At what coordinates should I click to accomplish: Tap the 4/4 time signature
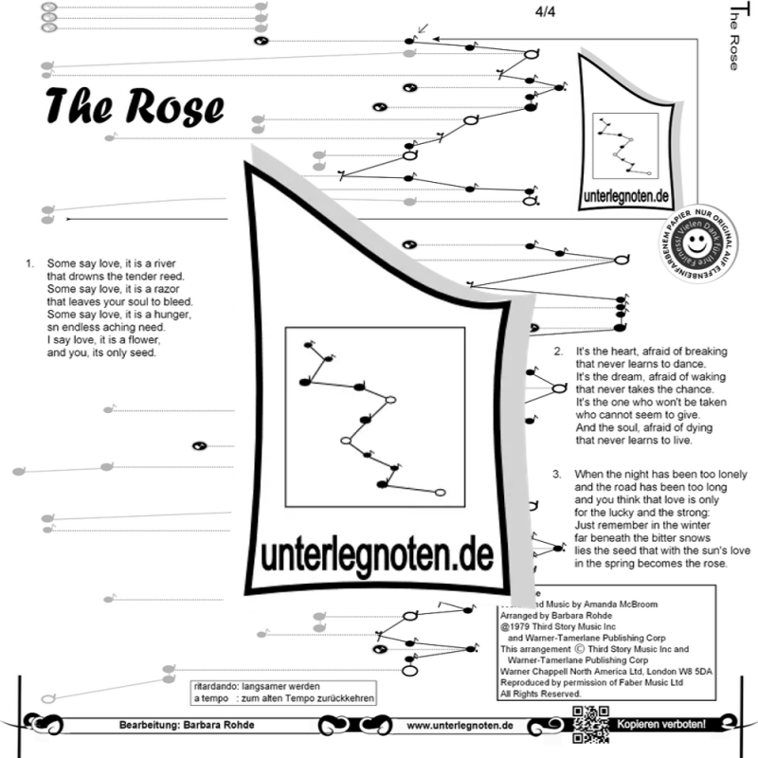click(x=546, y=12)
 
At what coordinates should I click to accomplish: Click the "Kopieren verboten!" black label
click(x=661, y=725)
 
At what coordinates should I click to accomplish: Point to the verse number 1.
click(x=29, y=262)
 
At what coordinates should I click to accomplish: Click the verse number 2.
click(x=558, y=351)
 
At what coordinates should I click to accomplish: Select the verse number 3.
click(x=558, y=473)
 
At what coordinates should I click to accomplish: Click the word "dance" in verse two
click(x=701, y=363)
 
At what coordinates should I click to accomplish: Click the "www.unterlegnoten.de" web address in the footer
click(x=460, y=725)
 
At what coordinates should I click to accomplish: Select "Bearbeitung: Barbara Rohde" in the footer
click(x=187, y=726)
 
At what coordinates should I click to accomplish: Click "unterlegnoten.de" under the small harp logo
click(x=623, y=200)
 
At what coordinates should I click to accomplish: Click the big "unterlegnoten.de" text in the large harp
click(x=378, y=553)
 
